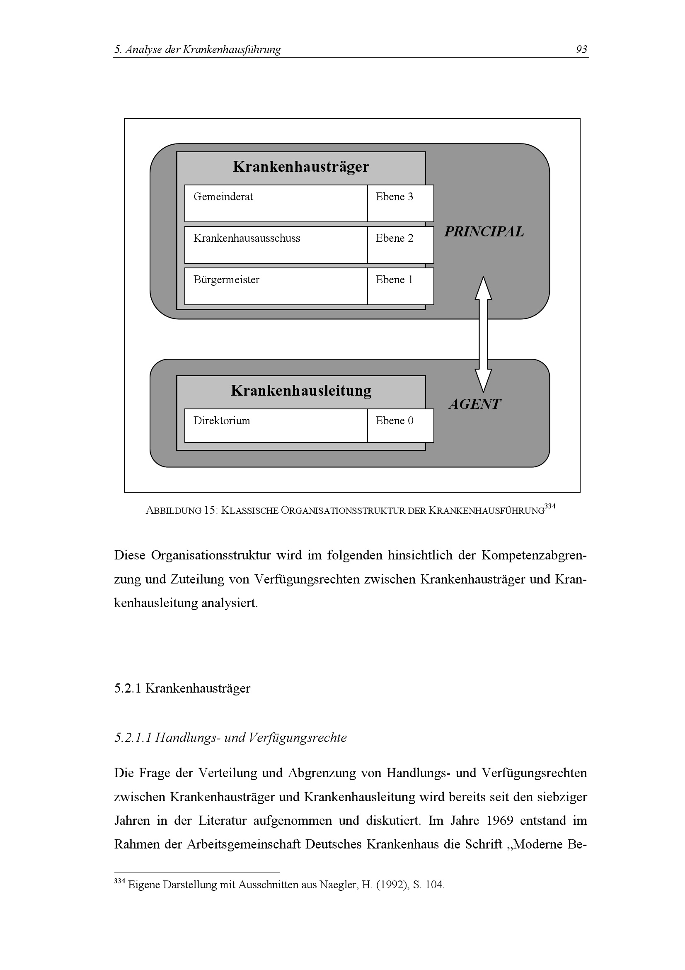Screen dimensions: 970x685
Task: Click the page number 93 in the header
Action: tap(581, 49)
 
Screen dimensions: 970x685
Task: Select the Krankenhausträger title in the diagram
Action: tap(300, 166)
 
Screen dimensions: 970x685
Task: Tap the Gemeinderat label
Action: tap(223, 197)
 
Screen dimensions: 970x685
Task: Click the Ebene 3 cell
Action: tap(395, 197)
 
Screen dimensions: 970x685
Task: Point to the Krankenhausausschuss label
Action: tap(247, 238)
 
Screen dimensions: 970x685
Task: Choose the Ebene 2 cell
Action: tap(395, 238)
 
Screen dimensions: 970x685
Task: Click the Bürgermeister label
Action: tap(226, 280)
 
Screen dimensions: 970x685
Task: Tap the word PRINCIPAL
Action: tap(484, 231)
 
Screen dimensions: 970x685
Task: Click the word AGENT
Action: tap(474, 404)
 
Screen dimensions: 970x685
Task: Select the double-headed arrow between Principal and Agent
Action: tap(483, 334)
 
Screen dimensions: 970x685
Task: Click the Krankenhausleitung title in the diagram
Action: tap(301, 390)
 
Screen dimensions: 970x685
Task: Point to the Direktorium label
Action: tap(222, 421)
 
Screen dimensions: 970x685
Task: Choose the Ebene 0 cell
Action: tap(395, 421)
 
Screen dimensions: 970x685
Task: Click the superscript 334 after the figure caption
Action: tap(549, 506)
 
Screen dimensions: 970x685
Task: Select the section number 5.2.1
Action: tap(128, 688)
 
